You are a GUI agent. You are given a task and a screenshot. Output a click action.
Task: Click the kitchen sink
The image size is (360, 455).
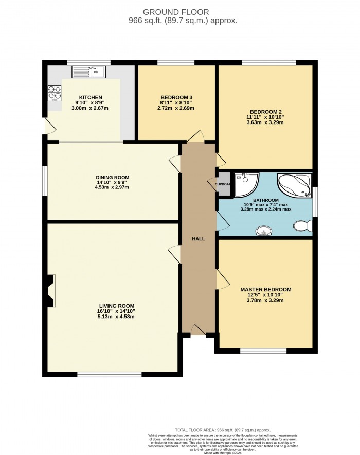pyautogui.click(x=88, y=72)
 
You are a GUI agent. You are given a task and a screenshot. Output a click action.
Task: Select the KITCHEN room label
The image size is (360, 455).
pyautogui.click(x=91, y=97)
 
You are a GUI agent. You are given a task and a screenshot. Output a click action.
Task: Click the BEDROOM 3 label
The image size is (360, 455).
pyautogui.click(x=176, y=97)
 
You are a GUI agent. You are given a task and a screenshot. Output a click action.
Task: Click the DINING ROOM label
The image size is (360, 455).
pyautogui.click(x=112, y=177)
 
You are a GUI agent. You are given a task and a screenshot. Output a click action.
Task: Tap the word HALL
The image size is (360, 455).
pyautogui.click(x=198, y=239)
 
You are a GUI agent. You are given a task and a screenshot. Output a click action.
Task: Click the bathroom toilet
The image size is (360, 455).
pyautogui.click(x=301, y=225)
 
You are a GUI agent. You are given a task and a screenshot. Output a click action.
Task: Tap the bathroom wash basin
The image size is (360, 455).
pyautogui.click(x=265, y=231)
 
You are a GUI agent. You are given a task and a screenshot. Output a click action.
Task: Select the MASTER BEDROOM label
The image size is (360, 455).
pyautogui.click(x=265, y=289)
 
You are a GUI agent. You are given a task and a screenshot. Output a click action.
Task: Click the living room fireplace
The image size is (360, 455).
pyautogui.click(x=50, y=290)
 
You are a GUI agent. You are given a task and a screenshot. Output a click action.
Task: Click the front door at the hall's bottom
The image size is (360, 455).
pyautogui.click(x=197, y=330)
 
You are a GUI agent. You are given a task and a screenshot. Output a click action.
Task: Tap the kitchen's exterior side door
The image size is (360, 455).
pyautogui.click(x=47, y=126)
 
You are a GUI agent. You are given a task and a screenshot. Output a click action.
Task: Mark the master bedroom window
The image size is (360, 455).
pyautogui.click(x=263, y=351)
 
